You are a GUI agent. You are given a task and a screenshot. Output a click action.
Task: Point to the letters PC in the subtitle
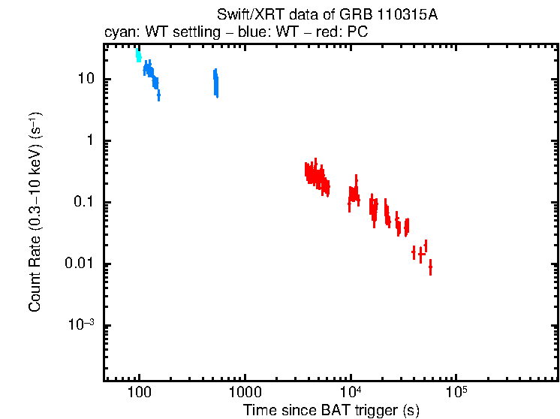pos(357,33)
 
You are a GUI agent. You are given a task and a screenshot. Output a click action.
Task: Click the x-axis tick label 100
pos(139,393)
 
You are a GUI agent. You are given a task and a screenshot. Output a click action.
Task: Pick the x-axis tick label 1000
pos(244,393)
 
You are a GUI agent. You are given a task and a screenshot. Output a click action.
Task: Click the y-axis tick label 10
pos(86,80)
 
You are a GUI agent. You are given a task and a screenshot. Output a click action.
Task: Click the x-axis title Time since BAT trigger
pos(330,410)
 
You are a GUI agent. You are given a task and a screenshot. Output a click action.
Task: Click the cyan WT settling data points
pos(138,56)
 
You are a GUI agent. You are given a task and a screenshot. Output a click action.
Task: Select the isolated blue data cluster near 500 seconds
pos(215,83)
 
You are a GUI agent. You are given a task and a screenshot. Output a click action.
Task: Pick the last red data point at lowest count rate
pos(430,267)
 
